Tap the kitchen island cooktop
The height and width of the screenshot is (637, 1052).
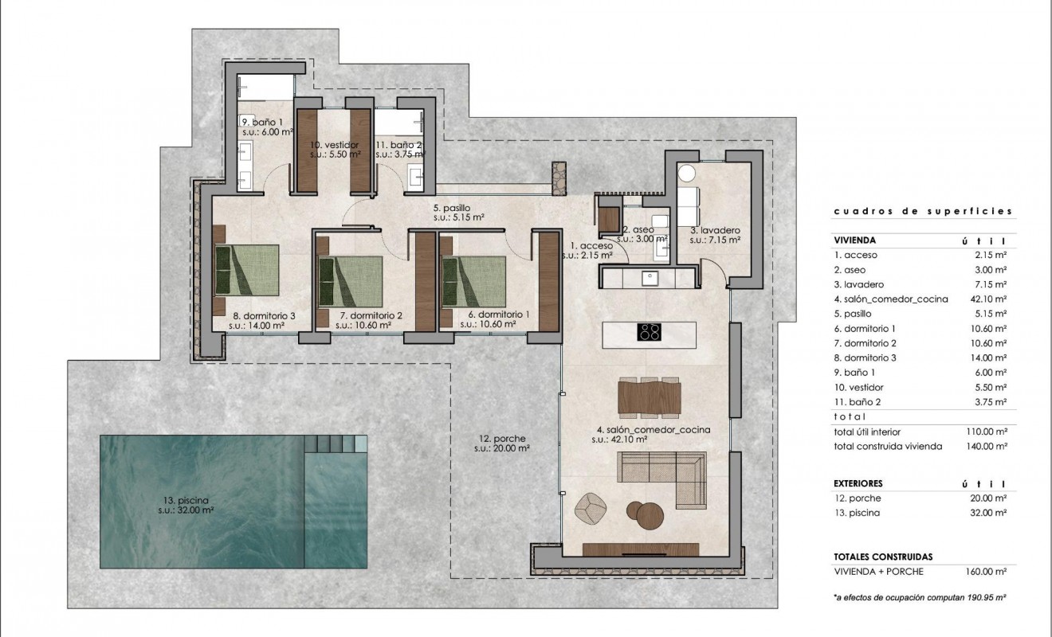pyautogui.click(x=649, y=332)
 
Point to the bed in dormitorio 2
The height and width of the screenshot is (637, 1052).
pyautogui.click(x=347, y=280)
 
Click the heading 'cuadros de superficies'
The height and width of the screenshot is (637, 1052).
pyautogui.click(x=922, y=212)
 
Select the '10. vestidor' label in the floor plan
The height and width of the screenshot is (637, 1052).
pyautogui.click(x=334, y=145)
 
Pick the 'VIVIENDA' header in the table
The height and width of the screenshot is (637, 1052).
pyautogui.click(x=855, y=240)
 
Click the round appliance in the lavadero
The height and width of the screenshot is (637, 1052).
pyautogui.click(x=687, y=174)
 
